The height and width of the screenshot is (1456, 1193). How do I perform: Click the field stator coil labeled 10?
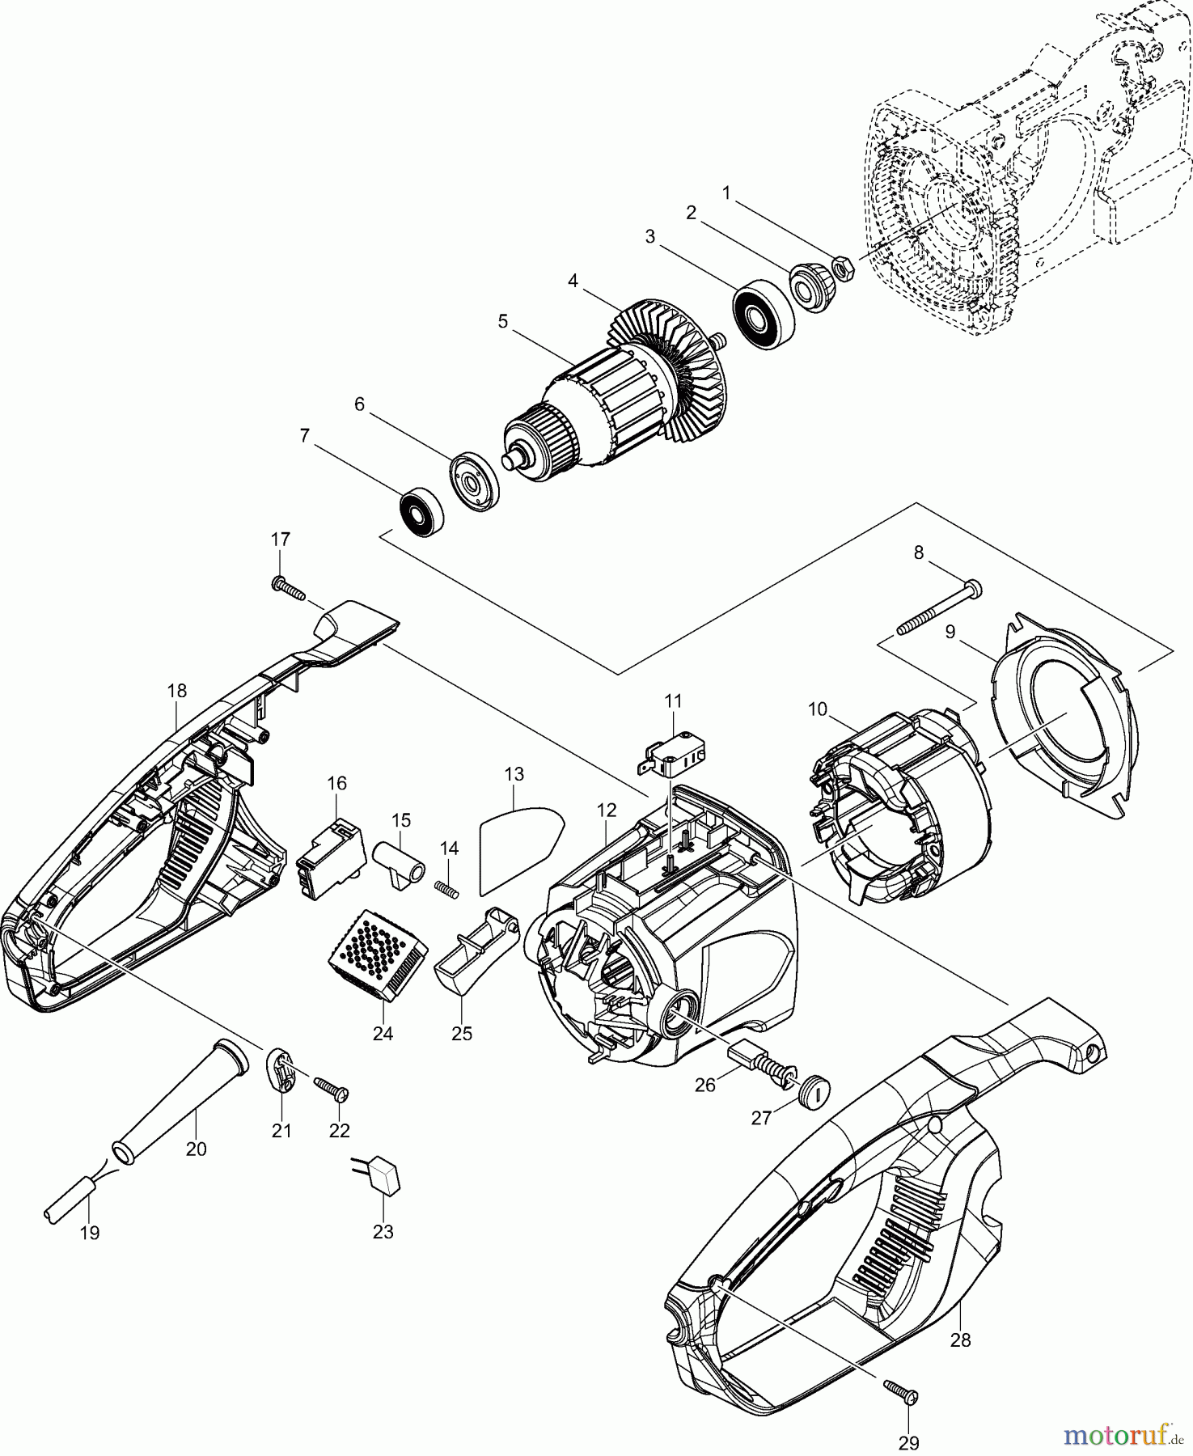pos(898,809)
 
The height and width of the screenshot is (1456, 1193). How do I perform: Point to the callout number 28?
pos(960,1340)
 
